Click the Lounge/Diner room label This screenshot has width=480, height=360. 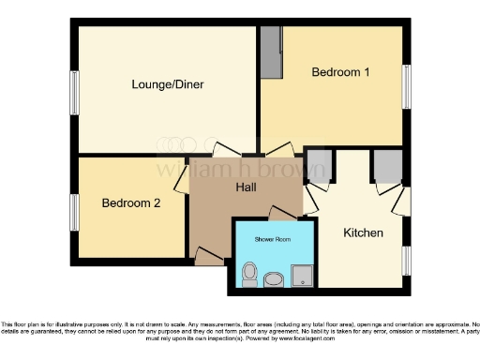tap(168, 84)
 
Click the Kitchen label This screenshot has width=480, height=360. tap(363, 232)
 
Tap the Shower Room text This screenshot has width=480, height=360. tap(273, 238)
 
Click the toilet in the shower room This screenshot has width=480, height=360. tap(248, 275)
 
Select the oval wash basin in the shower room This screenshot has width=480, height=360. tap(275, 278)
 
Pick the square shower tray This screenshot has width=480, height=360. tap(302, 275)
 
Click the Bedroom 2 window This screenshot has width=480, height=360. tap(74, 211)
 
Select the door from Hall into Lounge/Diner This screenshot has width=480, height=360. tap(225, 151)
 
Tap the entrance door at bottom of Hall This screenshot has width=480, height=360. tap(208, 254)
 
